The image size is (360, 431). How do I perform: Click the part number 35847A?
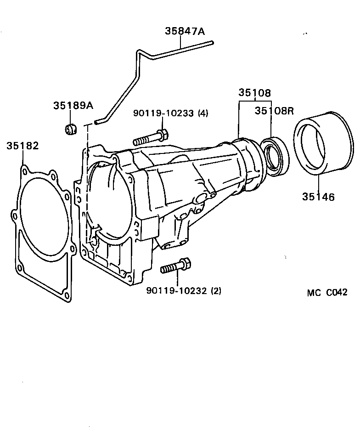tap(185, 31)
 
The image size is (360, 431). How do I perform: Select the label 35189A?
tap(73, 105)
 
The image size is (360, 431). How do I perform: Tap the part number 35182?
tap(22, 146)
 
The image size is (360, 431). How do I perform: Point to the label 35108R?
tap(274, 111)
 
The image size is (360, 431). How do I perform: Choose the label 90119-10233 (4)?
tap(171, 113)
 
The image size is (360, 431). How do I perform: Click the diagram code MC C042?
tap(327, 293)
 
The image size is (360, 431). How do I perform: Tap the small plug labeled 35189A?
tap(70, 129)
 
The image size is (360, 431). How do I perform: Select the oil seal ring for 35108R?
tap(274, 156)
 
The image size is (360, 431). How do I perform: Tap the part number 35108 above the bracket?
tap(254, 92)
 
